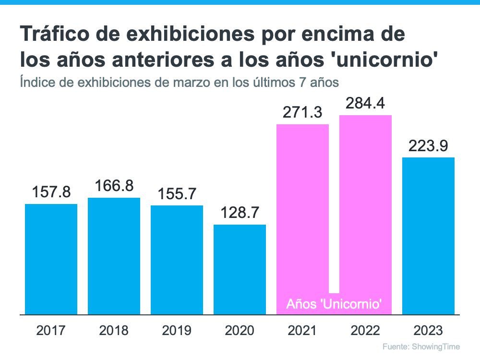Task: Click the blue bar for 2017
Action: click(x=51, y=259)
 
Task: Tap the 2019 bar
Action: click(x=177, y=260)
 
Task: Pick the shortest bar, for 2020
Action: click(x=240, y=269)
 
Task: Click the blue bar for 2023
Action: click(x=428, y=236)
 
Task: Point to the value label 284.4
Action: click(x=365, y=104)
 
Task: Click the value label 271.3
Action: click(x=302, y=113)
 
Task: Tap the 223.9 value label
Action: click(x=428, y=146)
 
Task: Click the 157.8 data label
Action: click(x=51, y=193)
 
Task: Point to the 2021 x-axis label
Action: click(x=302, y=331)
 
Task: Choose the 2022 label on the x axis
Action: click(x=365, y=331)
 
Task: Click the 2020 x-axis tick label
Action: click(x=240, y=331)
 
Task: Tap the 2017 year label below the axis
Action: click(x=51, y=331)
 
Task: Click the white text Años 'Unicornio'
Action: click(x=334, y=304)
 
